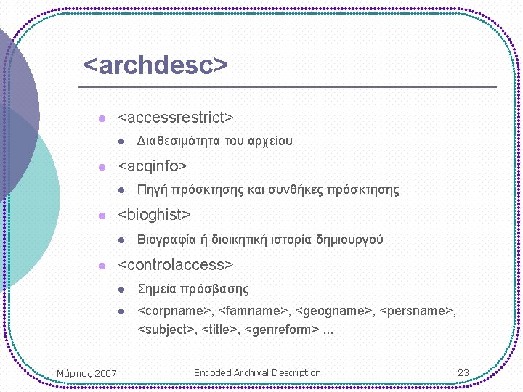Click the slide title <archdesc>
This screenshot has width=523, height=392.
pyautogui.click(x=155, y=65)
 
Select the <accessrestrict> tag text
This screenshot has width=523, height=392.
pyautogui.click(x=175, y=117)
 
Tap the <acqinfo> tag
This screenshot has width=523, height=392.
pyautogui.click(x=152, y=166)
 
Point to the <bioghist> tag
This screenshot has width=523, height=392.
pyautogui.click(x=154, y=215)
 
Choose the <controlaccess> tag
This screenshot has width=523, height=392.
pyautogui.click(x=175, y=264)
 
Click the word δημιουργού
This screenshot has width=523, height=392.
pyautogui.click(x=349, y=240)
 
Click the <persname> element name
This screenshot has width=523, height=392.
pyautogui.click(x=416, y=311)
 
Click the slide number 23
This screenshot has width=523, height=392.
pyautogui.click(x=463, y=372)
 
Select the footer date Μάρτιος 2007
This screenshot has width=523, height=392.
pyautogui.click(x=86, y=373)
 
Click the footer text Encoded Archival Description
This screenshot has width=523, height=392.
pyautogui.click(x=257, y=372)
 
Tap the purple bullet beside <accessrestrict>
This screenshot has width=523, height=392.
pyautogui.click(x=102, y=118)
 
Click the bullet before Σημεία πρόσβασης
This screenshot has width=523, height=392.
pyautogui.click(x=123, y=290)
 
